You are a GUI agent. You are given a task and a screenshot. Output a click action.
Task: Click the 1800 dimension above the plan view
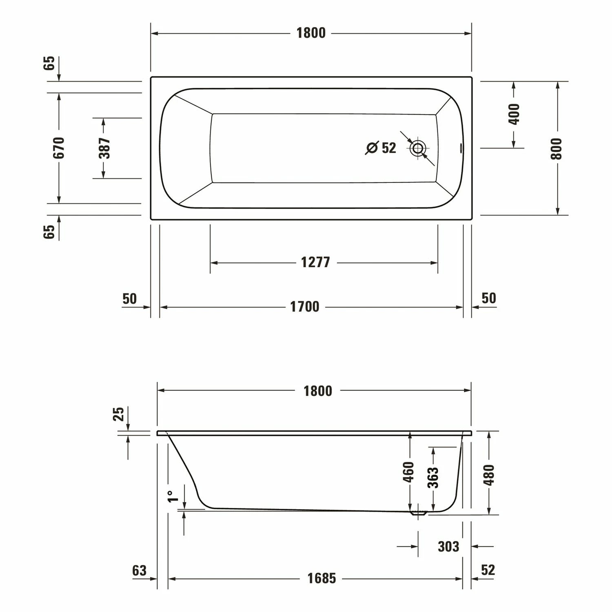click(311, 33)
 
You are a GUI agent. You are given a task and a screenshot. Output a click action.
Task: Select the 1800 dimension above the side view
click(318, 391)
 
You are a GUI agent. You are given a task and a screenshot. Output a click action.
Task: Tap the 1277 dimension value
click(315, 262)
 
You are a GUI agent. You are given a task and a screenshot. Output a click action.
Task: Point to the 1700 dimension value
click(305, 307)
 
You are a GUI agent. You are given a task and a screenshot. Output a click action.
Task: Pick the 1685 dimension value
click(322, 579)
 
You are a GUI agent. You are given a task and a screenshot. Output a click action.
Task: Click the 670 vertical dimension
click(59, 148)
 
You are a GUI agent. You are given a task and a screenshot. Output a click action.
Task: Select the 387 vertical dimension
click(104, 148)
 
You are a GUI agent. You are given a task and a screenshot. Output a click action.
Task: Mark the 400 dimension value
click(514, 114)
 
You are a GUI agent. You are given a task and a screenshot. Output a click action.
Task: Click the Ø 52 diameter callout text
click(381, 148)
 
